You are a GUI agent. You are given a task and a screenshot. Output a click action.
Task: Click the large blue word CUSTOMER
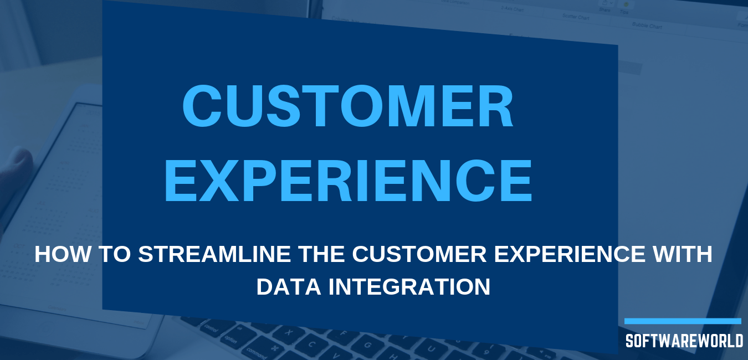point(347,106)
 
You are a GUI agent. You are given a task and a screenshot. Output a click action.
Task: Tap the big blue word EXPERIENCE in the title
point(349,181)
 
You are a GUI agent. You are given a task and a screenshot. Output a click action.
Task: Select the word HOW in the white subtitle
point(63,254)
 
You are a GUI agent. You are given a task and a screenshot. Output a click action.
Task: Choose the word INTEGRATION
point(409,286)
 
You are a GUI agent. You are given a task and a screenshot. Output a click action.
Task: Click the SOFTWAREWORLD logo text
point(684,341)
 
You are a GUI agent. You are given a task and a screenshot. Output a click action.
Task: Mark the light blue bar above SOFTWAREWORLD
point(683,321)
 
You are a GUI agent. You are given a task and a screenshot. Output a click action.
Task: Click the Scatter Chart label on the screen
point(576,17)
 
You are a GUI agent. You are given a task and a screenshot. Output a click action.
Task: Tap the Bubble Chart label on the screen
point(647,25)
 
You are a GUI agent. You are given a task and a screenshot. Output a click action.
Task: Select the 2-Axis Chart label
point(513,9)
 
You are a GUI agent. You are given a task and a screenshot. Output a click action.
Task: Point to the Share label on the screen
point(604,9)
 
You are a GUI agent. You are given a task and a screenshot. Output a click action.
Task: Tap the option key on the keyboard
point(230,340)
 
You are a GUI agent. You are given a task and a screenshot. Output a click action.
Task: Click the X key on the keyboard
point(289,332)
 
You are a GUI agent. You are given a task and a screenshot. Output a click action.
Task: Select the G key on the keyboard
point(367,344)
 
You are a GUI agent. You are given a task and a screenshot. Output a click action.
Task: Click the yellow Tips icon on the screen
point(626,4)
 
